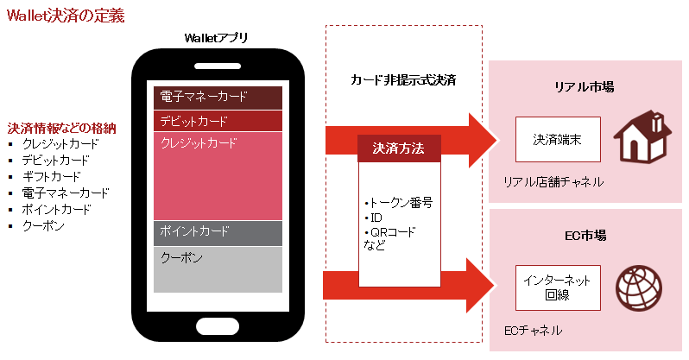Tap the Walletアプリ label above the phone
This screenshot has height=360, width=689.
pyautogui.click(x=217, y=37)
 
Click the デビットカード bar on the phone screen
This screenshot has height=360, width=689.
pyautogui.click(x=218, y=121)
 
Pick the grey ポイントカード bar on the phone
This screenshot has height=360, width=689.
pyautogui.click(x=218, y=232)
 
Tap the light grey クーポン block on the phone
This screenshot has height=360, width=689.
pyautogui.click(x=218, y=269)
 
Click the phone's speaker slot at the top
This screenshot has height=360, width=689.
pyautogui.click(x=218, y=66)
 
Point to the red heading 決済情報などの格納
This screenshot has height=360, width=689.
pyautogui.click(x=62, y=128)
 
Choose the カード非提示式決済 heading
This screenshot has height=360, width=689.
pyautogui.click(x=403, y=80)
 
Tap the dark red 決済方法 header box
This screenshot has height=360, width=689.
pyautogui.click(x=399, y=148)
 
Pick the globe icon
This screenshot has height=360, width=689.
pyautogui.click(x=637, y=287)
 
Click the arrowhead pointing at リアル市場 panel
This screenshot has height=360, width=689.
pyautogui.click(x=484, y=139)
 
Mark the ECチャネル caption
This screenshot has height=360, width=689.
pyautogui.click(x=532, y=331)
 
